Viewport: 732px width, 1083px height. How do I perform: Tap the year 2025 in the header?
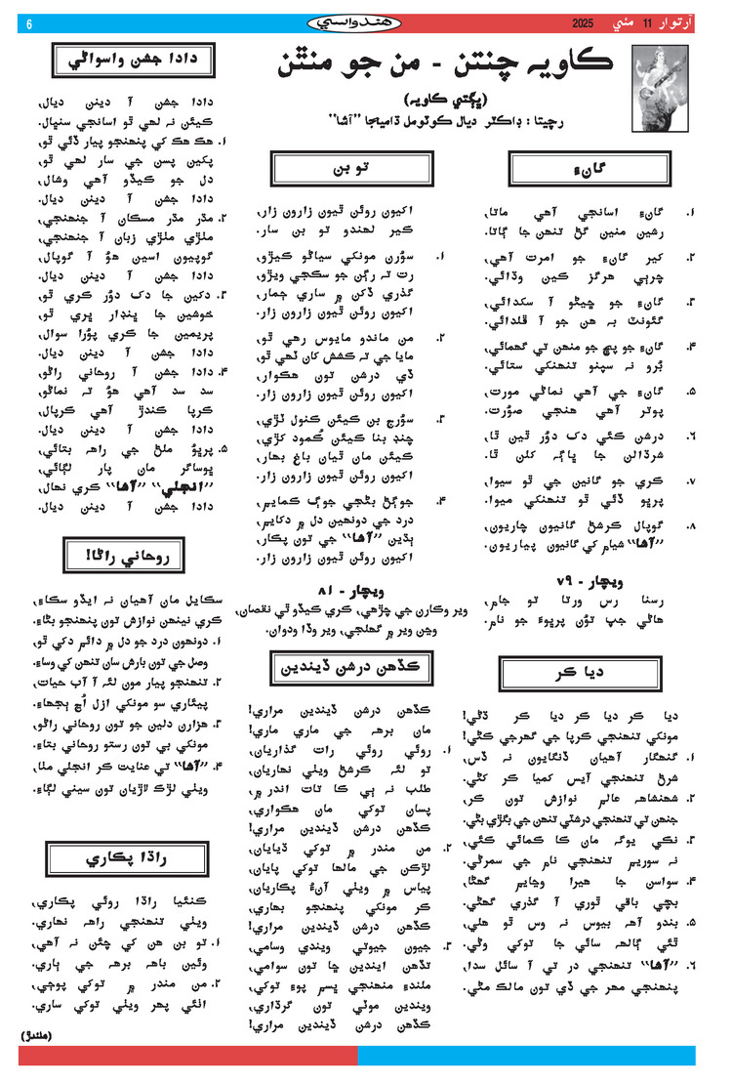point(583,21)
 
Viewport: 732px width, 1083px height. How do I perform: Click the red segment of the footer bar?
point(185,1055)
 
